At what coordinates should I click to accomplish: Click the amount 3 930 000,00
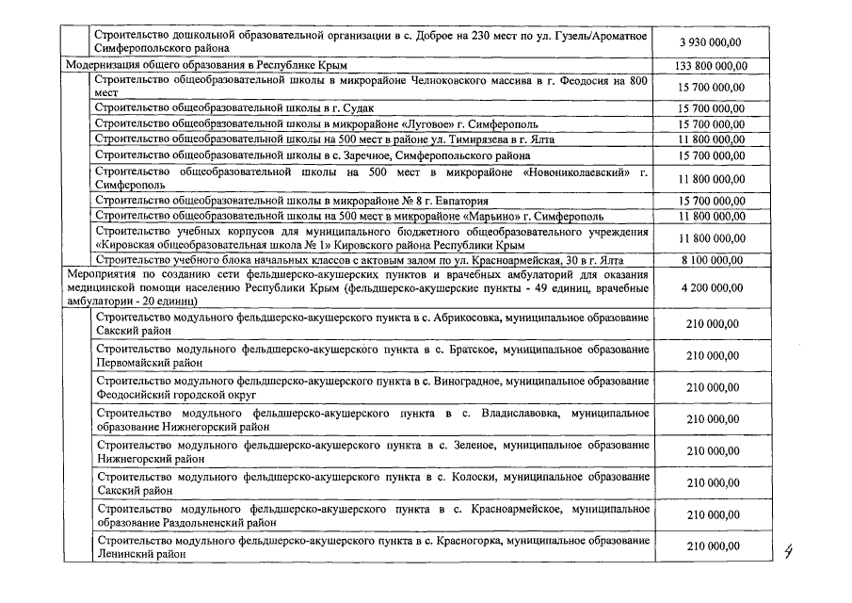[712, 42]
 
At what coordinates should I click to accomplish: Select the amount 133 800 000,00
[712, 66]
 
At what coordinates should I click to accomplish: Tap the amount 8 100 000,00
[712, 259]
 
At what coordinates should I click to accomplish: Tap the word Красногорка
[467, 542]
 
